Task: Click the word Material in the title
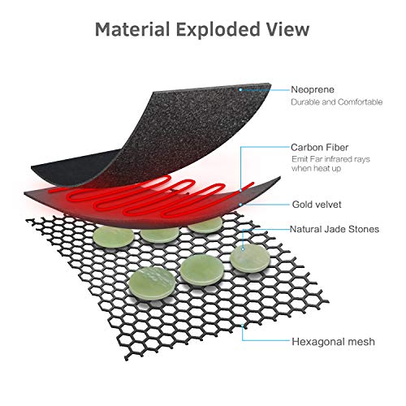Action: click(x=132, y=29)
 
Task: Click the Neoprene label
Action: click(x=313, y=89)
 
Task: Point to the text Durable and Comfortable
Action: click(x=337, y=102)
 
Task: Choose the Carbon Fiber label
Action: click(x=320, y=148)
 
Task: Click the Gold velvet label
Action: click(x=317, y=205)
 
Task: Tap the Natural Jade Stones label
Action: click(x=335, y=229)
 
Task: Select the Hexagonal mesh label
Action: click(x=333, y=342)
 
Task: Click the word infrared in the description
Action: click(x=339, y=159)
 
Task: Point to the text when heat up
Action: click(x=316, y=168)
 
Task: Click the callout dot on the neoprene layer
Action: click(x=240, y=89)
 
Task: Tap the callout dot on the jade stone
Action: click(x=243, y=249)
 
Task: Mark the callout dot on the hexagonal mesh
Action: click(x=243, y=327)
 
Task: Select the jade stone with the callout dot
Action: click(x=250, y=259)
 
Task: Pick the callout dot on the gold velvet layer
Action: click(x=240, y=205)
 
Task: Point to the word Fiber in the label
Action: click(x=337, y=148)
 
